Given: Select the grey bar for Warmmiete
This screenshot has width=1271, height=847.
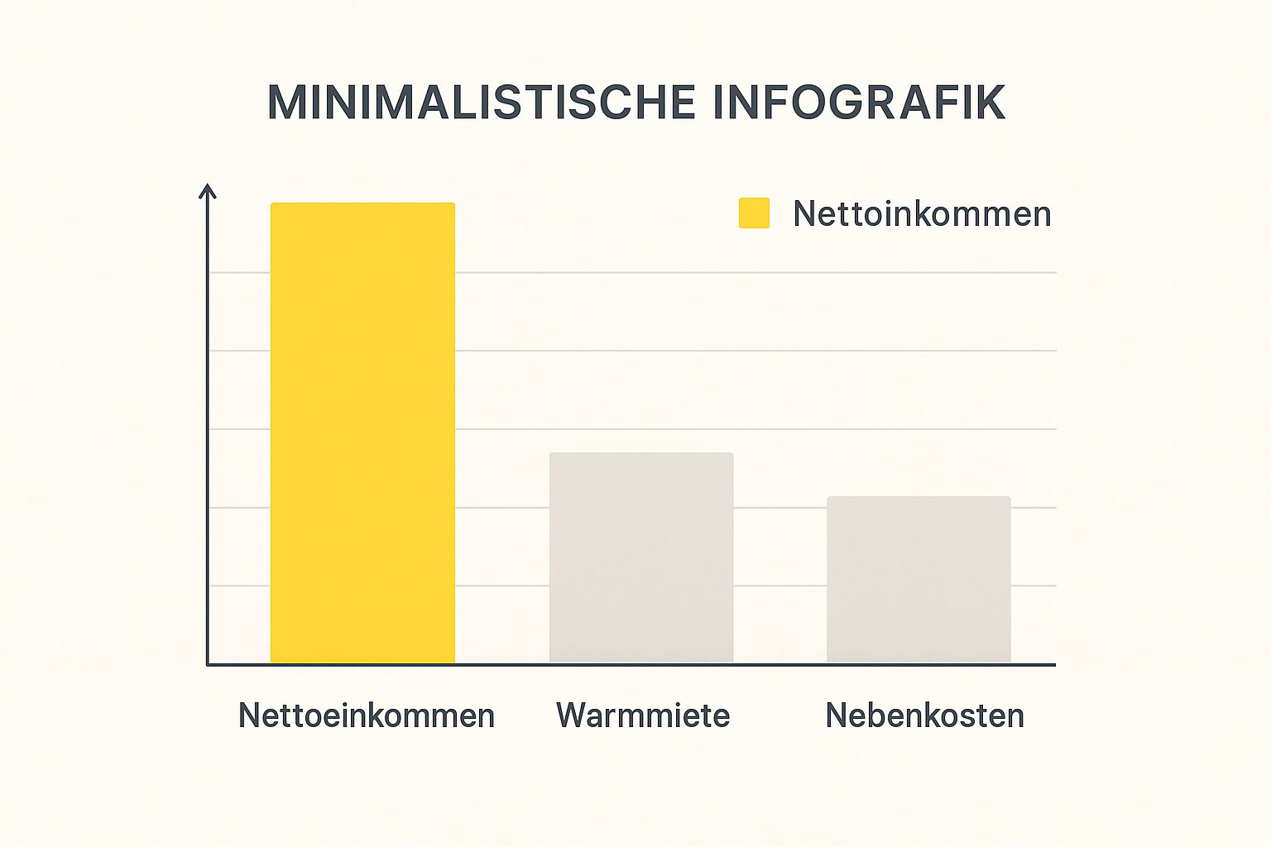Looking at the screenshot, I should [641, 557].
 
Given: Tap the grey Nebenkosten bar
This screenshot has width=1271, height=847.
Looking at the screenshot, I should [918, 579].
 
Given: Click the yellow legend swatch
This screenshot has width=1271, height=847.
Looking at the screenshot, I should [754, 213].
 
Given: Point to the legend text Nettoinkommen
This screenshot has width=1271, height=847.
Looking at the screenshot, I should [922, 214].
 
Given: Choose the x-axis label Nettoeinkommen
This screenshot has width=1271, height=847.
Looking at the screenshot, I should [367, 715].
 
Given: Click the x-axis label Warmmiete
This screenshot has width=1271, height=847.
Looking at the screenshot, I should [643, 715].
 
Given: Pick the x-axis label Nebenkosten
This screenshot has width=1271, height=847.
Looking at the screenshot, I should [924, 715].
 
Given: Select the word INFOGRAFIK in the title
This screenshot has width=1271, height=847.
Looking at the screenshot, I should [858, 103].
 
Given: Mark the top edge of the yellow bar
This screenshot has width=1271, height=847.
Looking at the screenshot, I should [362, 203].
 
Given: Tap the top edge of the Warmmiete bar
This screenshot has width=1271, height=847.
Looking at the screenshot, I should [641, 453].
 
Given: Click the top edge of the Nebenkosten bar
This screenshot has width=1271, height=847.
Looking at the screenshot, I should [918, 497].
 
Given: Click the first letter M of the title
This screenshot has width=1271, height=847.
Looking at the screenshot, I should [286, 103].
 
